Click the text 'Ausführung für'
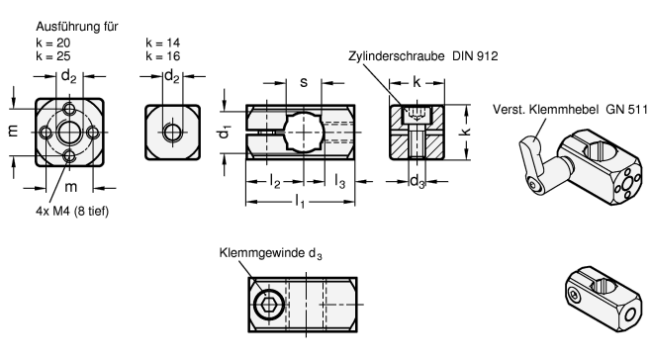point(77,27)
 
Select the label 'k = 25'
point(53,56)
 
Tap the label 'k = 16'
point(163,56)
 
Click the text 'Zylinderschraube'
point(397,56)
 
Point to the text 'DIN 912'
point(475,56)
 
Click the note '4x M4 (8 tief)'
point(72,212)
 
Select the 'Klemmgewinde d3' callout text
point(271,253)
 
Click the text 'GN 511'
point(626,110)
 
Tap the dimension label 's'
point(304,82)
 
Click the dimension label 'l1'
point(300,202)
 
